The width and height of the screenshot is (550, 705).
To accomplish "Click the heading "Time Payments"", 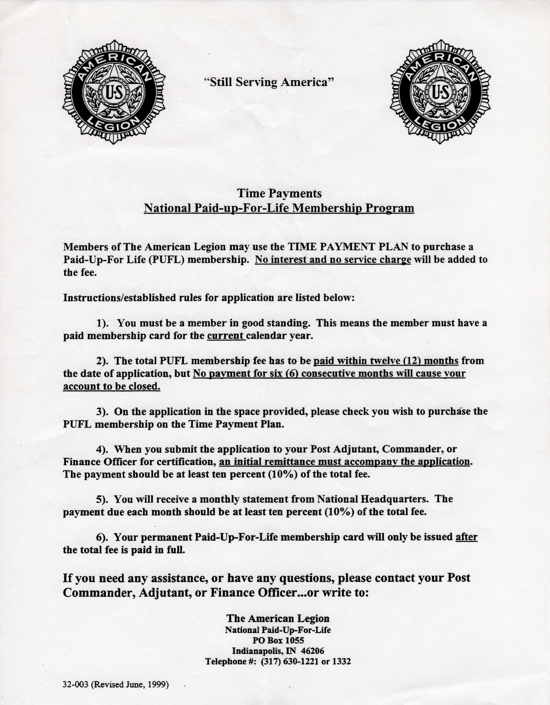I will [279, 193].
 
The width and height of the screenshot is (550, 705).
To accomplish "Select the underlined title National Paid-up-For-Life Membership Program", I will [279, 208].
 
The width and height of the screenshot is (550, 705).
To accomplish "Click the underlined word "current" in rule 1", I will [225, 336].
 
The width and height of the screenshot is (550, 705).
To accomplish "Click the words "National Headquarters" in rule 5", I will [373, 499].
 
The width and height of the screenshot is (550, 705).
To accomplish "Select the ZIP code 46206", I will [312, 651].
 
